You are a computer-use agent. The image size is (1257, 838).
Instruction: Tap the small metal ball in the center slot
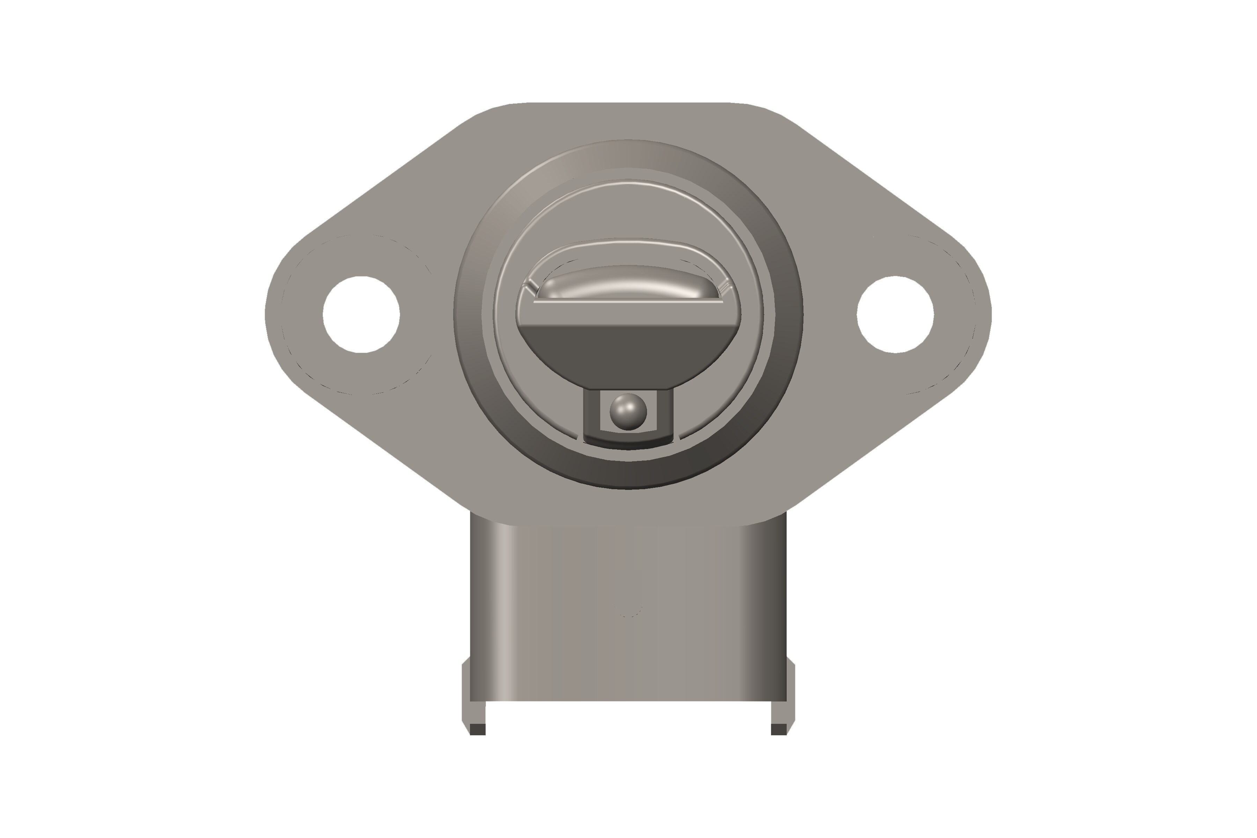[x=628, y=412]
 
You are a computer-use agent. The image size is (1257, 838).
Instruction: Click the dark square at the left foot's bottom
[x=478, y=729]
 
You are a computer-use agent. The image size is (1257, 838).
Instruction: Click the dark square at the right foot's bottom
[x=779, y=729]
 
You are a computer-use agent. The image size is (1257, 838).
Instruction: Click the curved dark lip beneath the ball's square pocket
[x=628, y=443]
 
